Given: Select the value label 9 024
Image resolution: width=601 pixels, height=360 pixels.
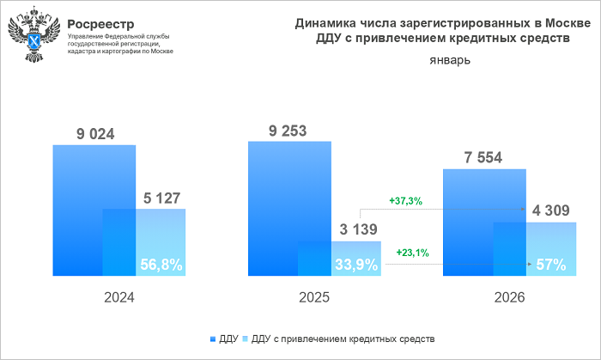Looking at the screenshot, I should coord(94,133).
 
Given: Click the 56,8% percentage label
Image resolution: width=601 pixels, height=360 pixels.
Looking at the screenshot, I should coord(160,265).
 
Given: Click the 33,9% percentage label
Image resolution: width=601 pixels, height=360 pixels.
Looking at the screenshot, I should coord(355,265).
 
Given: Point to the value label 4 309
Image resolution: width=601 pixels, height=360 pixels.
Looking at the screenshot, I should coord(550,211).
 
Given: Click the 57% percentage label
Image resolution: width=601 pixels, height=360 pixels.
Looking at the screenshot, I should coord(549,265).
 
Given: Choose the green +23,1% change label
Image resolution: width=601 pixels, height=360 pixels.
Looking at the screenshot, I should coord(413,253).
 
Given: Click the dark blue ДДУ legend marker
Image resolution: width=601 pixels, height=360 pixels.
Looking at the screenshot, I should coord(211,339).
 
